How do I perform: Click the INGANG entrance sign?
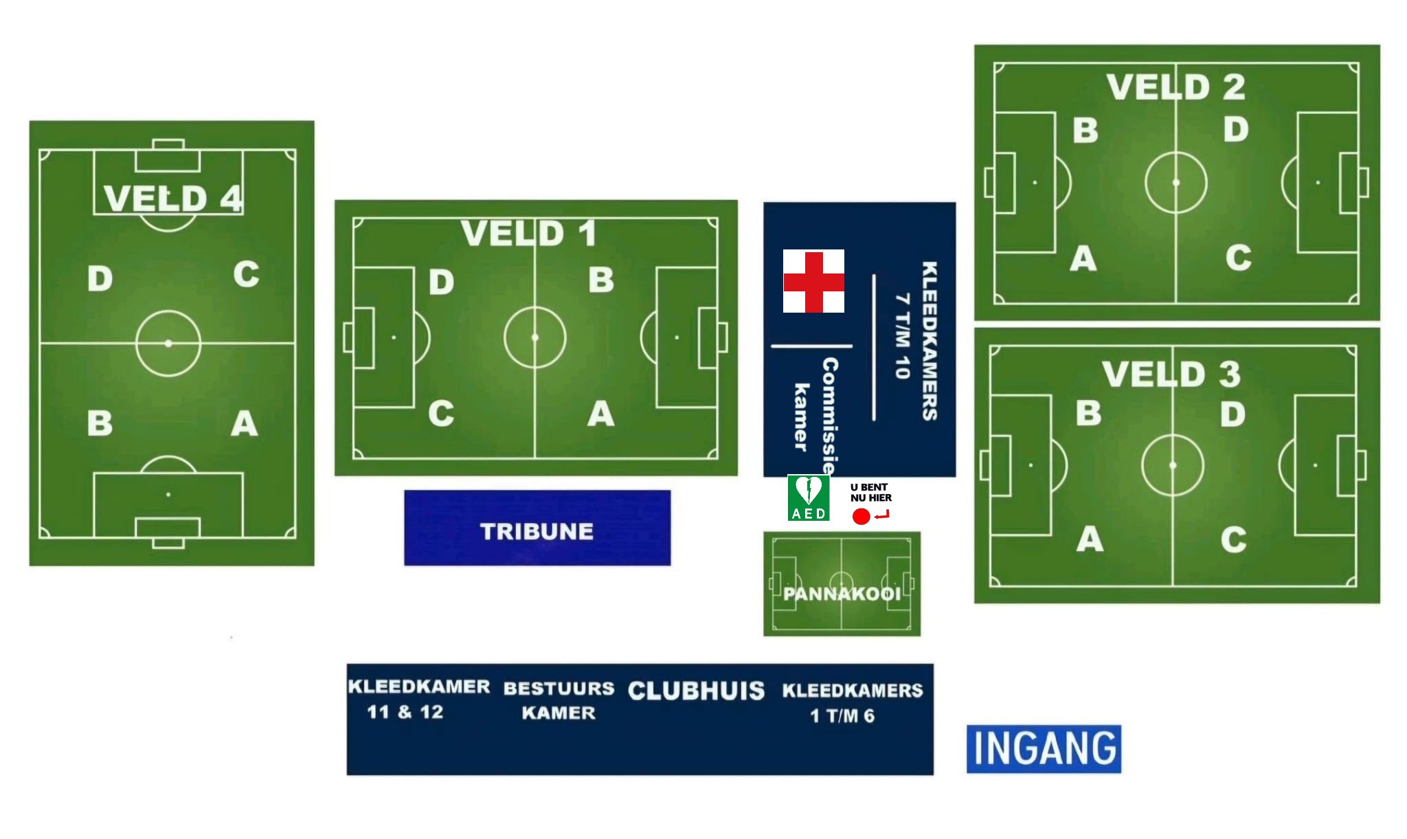[x=1044, y=748]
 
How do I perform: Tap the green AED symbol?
[x=808, y=497]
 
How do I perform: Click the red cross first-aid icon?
[x=813, y=281]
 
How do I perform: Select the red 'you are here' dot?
[x=861, y=516]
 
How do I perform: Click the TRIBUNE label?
[x=537, y=531]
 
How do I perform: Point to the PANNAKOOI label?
[x=842, y=594]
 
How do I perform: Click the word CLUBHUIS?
[x=696, y=691]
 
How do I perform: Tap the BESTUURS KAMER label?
[x=559, y=700]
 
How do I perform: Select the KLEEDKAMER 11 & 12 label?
[x=418, y=699]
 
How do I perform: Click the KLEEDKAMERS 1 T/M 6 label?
[x=852, y=703]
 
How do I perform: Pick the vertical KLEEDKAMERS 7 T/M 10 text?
[x=916, y=340]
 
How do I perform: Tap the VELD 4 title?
[x=172, y=199]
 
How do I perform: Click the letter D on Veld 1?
[x=442, y=282]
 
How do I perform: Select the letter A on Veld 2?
[x=1083, y=259]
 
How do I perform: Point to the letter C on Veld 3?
[x=1234, y=539]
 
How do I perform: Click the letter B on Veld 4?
[x=100, y=423]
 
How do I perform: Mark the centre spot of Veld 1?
[x=535, y=337]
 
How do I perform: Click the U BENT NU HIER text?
[x=870, y=492]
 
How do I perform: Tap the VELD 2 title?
[x=1175, y=87]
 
